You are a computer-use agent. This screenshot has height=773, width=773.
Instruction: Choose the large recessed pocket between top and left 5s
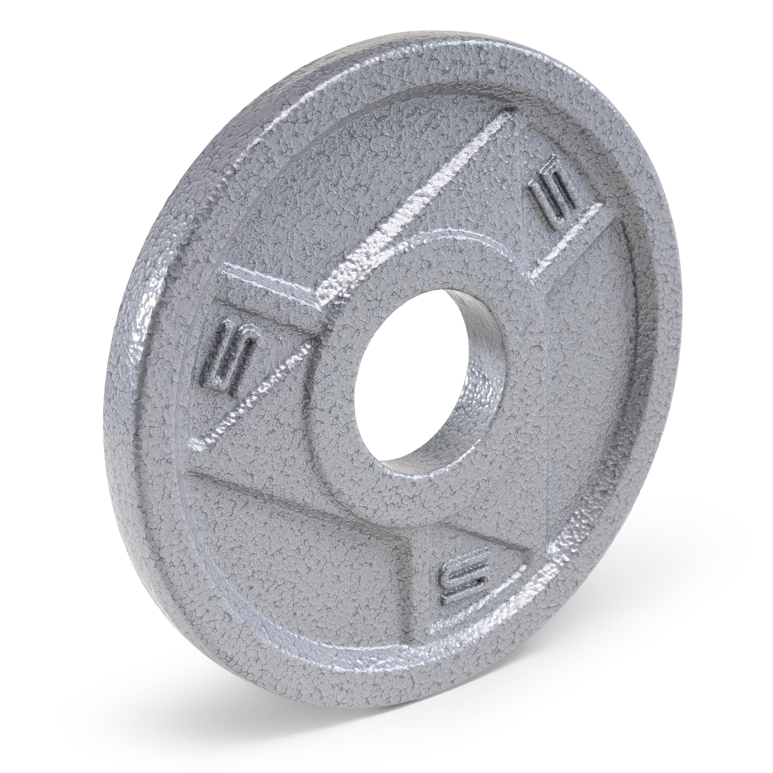360,180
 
